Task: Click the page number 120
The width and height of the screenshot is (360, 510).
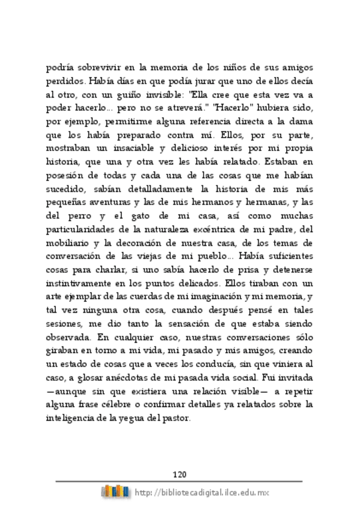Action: [x=180, y=473]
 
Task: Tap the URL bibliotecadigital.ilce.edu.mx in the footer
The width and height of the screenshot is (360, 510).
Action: [x=202, y=493]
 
